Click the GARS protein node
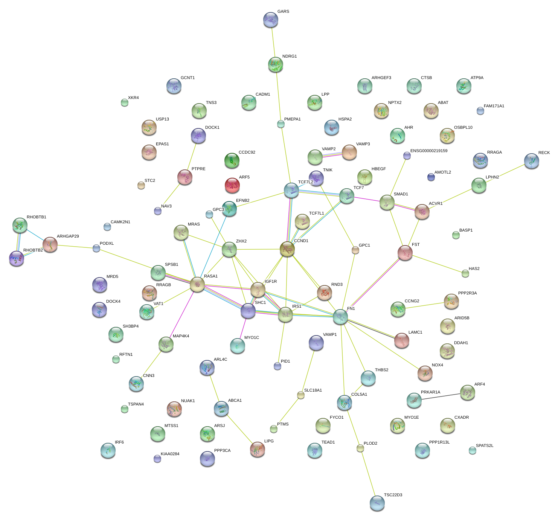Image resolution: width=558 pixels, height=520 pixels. (x=270, y=20)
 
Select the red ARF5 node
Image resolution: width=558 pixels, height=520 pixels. (x=232, y=185)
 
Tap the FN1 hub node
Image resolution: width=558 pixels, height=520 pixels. (x=340, y=317)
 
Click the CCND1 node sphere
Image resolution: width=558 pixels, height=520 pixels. (x=287, y=249)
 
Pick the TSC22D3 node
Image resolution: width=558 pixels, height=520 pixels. (x=377, y=503)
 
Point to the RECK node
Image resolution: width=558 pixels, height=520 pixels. (x=531, y=161)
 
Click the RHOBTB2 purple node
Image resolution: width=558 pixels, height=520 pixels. (x=17, y=258)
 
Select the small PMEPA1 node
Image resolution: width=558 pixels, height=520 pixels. (x=281, y=124)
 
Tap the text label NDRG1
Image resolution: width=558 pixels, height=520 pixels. (x=290, y=56)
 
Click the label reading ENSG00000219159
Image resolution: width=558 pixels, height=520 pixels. (x=429, y=151)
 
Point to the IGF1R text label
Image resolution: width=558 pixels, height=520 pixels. (x=271, y=282)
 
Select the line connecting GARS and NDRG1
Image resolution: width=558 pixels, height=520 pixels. (x=273, y=42)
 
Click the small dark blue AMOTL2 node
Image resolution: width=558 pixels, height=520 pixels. (x=431, y=177)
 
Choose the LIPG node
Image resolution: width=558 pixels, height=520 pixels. (x=258, y=449)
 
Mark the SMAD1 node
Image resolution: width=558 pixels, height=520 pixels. (x=387, y=203)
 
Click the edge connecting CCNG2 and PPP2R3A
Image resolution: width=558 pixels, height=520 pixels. (x=424, y=305)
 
